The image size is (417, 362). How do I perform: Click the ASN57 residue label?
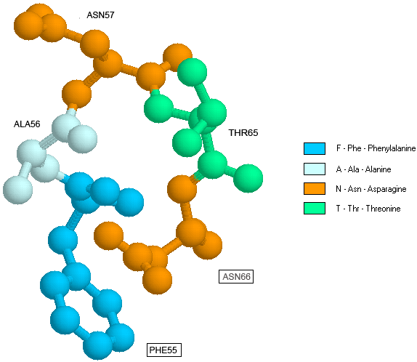click(100, 15)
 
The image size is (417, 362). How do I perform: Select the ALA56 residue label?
click(27, 124)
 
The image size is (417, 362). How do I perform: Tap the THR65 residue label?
click(243, 132)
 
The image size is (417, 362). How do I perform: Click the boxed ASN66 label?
click(236, 276)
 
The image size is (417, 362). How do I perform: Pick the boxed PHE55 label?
click(164, 350)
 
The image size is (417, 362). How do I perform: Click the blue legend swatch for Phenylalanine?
click(315, 148)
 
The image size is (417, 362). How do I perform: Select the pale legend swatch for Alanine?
click(315, 169)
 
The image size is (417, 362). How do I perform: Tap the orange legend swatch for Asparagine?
click(315, 188)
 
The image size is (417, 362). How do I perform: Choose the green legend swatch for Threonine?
click(315, 208)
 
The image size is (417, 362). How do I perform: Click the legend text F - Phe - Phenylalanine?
click(376, 148)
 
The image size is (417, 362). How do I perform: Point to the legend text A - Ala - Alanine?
click(363, 169)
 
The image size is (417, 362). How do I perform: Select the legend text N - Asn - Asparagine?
click(371, 189)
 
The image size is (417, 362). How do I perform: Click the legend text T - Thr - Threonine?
click(368, 209)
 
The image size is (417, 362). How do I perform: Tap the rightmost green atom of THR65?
click(248, 178)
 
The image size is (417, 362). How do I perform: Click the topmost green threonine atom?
click(192, 73)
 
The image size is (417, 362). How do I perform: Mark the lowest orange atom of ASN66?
click(157, 280)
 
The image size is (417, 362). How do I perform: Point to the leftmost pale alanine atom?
click(17, 190)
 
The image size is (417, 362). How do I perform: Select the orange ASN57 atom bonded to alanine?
click(76, 94)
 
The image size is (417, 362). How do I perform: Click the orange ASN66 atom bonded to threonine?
click(182, 189)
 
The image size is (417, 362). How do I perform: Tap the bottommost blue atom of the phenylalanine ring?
click(97, 345)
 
